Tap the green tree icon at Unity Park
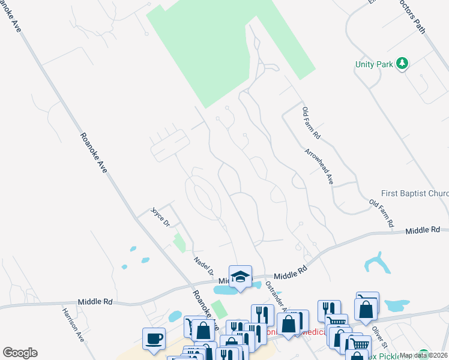point(403,63)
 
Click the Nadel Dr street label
point(204,265)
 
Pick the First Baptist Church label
point(414,194)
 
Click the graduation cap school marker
point(240,276)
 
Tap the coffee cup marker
point(154,338)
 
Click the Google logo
point(20,352)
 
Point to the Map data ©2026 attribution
point(423,355)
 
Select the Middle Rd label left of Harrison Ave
point(95,302)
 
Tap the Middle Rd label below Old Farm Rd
point(422,230)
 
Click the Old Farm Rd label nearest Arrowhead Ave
point(312,123)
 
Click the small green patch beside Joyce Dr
point(179,242)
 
